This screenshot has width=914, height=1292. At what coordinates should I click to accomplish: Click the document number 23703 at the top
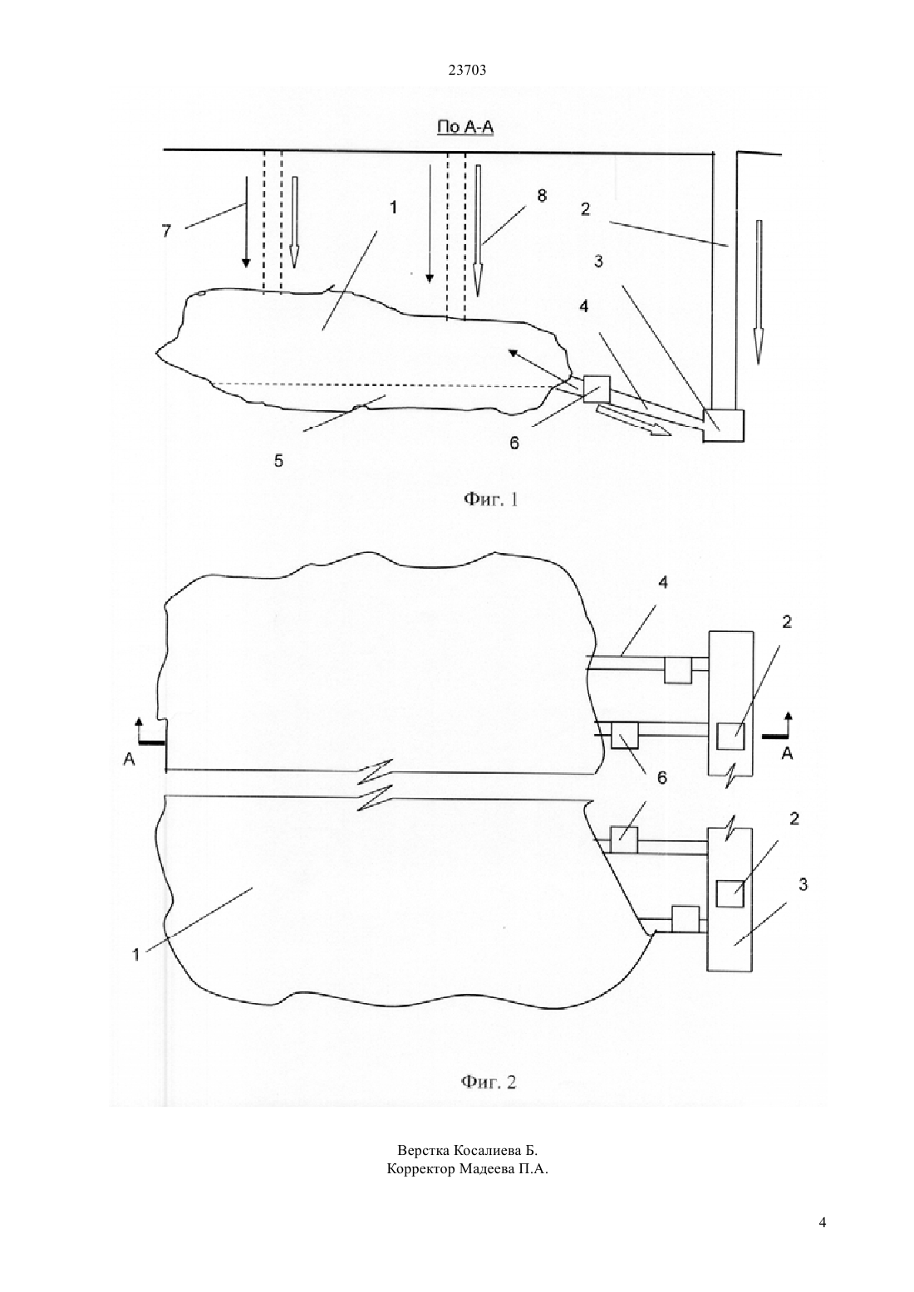467,71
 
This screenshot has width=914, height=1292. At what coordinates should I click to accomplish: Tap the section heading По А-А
465,126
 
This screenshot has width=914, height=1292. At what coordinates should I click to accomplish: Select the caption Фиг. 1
491,500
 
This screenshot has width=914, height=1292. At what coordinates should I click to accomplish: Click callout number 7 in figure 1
166,232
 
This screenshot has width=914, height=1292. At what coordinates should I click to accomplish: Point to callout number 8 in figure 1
541,195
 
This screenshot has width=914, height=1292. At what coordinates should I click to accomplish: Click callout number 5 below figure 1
278,461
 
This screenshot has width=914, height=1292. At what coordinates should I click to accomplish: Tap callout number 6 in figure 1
514,443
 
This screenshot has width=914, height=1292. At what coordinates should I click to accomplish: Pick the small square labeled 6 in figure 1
597,389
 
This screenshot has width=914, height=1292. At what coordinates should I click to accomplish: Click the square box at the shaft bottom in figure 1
724,426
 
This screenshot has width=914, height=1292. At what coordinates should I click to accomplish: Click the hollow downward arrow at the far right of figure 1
759,292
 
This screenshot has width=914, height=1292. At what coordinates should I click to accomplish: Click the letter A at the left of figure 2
130,759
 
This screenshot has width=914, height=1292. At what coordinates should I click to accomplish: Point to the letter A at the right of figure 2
787,753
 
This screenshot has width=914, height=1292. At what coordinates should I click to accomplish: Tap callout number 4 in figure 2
663,583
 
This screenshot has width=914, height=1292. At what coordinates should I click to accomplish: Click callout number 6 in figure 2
662,777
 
